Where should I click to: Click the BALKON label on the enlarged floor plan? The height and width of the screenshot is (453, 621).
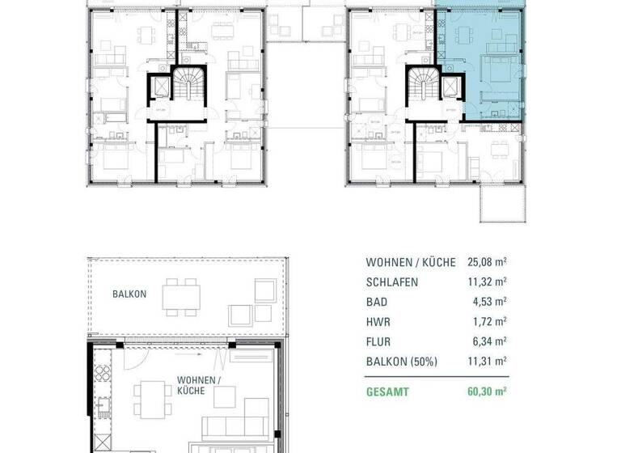129,294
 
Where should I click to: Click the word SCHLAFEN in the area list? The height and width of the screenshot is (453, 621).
391,282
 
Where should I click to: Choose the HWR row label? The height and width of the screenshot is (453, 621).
377,321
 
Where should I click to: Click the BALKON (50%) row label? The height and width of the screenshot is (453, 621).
402,361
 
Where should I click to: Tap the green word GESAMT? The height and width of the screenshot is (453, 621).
387,392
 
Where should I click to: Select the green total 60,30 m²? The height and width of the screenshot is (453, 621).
486,392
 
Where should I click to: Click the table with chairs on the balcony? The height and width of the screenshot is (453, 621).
183,297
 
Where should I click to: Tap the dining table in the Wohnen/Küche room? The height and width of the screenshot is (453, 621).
149,398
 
